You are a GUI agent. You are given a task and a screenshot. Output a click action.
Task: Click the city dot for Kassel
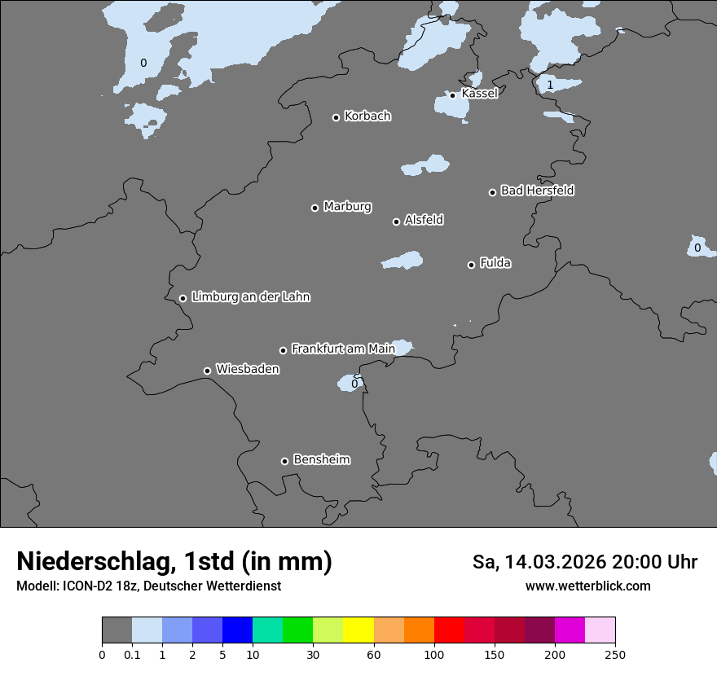click(x=452, y=95)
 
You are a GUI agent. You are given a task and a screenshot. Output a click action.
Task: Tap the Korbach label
click(x=367, y=116)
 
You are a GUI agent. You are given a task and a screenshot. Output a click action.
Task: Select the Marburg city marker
click(x=315, y=208)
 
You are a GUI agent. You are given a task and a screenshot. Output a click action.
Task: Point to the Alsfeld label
click(x=424, y=220)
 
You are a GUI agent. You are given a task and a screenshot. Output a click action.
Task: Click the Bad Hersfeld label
click(x=537, y=191)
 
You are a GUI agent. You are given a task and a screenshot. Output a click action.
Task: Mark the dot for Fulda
click(x=471, y=265)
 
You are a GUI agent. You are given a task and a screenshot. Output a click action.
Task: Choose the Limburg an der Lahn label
click(x=250, y=297)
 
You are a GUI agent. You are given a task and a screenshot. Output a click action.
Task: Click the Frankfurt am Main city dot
click(x=283, y=350)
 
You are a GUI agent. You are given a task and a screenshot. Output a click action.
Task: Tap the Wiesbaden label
click(x=247, y=369)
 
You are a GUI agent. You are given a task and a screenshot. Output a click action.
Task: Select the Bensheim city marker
click(x=284, y=461)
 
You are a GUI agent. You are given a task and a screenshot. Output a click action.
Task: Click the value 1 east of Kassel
click(x=550, y=85)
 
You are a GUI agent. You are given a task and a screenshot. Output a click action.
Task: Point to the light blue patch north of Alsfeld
click(x=426, y=165)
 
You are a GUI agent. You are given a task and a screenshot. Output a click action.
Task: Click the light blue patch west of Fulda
click(x=403, y=261)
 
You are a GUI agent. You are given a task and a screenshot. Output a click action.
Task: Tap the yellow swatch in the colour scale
click(x=358, y=630)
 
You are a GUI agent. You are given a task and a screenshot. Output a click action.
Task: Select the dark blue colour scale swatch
click(x=237, y=630)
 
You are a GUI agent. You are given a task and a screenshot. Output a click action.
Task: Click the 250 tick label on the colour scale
click(x=615, y=654)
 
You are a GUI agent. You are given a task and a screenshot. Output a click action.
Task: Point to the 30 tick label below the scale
click(x=313, y=654)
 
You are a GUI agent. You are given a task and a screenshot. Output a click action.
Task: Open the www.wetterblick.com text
click(x=587, y=586)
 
